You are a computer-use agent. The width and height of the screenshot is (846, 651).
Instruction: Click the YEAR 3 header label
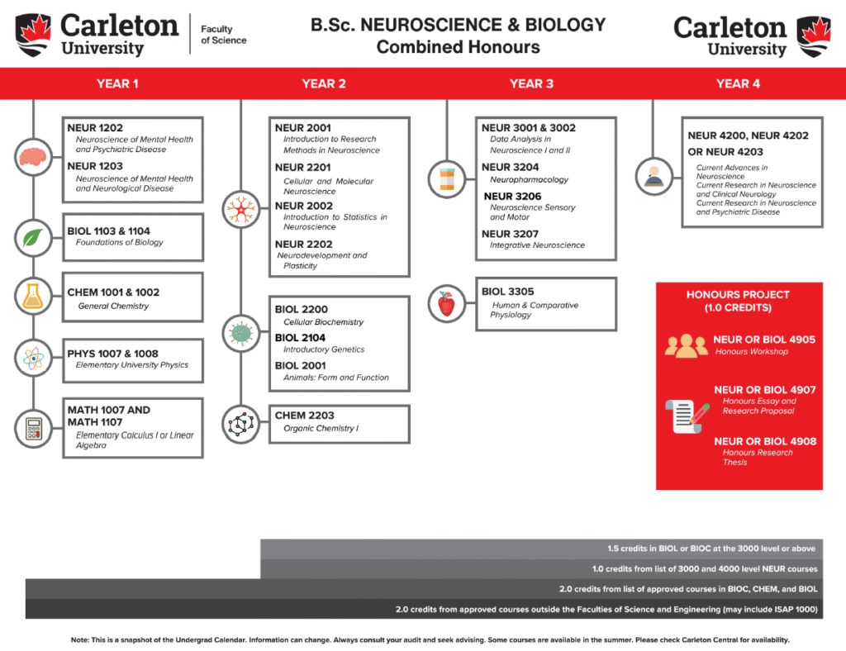point(531,83)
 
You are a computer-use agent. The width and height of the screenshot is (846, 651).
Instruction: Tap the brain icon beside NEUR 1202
point(33,156)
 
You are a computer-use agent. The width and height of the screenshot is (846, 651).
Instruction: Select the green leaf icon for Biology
point(33,239)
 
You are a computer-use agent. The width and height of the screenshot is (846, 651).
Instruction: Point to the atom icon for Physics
point(33,359)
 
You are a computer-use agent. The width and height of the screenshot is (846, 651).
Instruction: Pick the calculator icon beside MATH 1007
point(33,428)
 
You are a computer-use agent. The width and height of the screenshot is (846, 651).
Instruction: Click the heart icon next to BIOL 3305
point(447,304)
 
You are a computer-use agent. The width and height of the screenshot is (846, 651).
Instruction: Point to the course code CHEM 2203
point(305,416)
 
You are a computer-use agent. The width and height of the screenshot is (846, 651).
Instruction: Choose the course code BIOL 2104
point(300,337)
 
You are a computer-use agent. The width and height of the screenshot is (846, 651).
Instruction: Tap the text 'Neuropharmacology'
point(529,179)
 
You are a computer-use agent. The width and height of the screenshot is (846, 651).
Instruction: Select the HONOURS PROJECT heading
point(738,301)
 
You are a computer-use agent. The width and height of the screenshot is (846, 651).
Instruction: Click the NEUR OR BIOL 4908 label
point(765,441)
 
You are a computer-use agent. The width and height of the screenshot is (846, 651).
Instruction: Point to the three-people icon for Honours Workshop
point(686,346)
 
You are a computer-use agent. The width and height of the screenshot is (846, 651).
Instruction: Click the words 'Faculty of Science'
point(223,35)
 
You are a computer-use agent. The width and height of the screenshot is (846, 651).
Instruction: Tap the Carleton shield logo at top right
point(813,36)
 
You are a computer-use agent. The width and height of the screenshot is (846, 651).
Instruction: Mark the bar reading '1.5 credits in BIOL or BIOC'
point(711,549)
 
